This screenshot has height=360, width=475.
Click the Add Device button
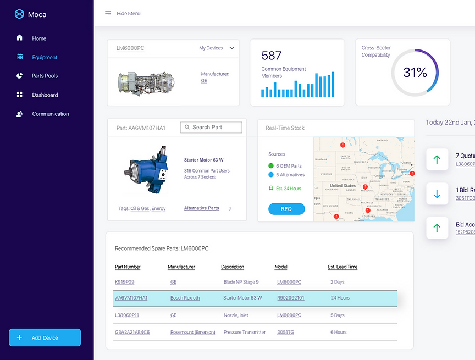pyautogui.click(x=45, y=337)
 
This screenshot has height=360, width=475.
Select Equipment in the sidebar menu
pyautogui.click(x=45, y=57)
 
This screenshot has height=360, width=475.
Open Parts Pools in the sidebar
pyautogui.click(x=45, y=76)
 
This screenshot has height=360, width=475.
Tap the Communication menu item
pyautogui.click(x=50, y=114)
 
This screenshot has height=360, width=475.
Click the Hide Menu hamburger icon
pyautogui.click(x=108, y=13)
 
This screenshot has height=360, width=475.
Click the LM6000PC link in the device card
pyautogui.click(x=130, y=48)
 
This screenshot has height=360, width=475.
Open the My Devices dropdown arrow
pyautogui.click(x=232, y=48)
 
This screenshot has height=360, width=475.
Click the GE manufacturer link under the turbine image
pyautogui.click(x=204, y=81)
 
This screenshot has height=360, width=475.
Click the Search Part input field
pyautogui.click(x=211, y=128)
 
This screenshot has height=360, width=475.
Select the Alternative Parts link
pyautogui.click(x=201, y=208)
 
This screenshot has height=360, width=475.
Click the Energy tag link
pyautogui.click(x=158, y=208)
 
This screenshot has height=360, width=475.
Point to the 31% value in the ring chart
pyautogui.click(x=415, y=73)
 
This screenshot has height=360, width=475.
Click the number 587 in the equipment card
pyautogui.click(x=271, y=56)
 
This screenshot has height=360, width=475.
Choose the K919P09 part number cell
pyautogui.click(x=124, y=282)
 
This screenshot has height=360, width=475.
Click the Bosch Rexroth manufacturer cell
pyautogui.click(x=185, y=298)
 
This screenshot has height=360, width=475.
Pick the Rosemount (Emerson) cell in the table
pyautogui.click(x=192, y=332)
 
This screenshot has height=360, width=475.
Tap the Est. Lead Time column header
pyautogui.click(x=343, y=267)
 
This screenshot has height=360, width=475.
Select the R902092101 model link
pyautogui.click(x=291, y=298)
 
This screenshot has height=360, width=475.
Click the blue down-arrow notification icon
pyautogui.click(x=437, y=194)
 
